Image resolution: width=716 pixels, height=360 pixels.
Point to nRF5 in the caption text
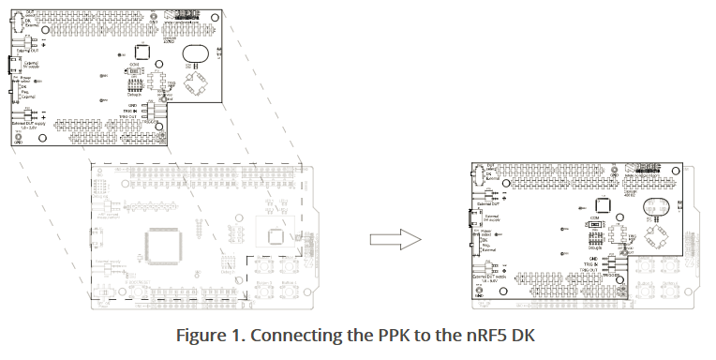470,336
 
